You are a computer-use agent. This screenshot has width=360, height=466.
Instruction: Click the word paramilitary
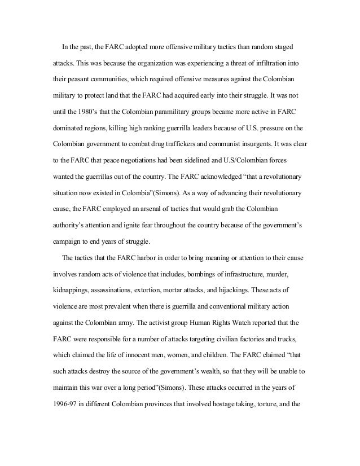coord(191,119)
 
